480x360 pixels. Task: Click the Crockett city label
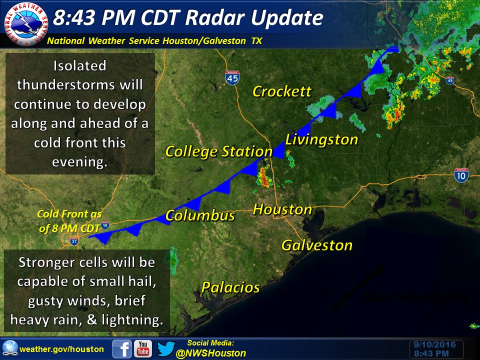(282, 91)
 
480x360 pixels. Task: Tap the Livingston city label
(322, 139)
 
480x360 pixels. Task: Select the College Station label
(218, 151)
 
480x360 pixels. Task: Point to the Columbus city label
(200, 215)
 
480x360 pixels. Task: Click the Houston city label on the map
(282, 209)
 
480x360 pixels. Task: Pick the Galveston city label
(317, 245)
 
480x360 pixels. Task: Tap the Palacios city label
(230, 287)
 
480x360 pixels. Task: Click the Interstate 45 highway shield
(231, 76)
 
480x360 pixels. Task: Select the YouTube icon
(143, 348)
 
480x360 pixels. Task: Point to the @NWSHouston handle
(211, 353)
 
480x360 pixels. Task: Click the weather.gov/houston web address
(61, 349)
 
